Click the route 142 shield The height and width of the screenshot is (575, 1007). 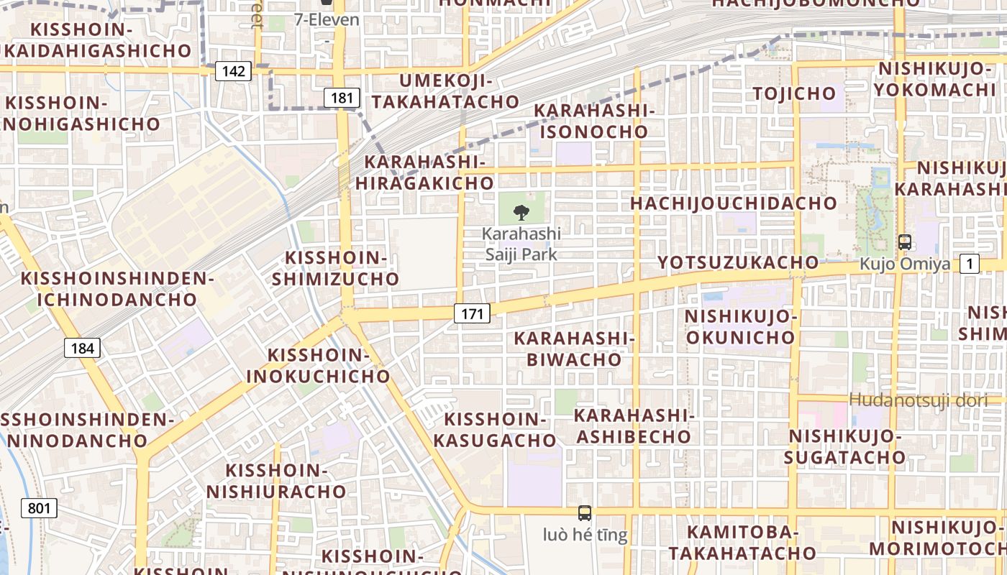point(233,71)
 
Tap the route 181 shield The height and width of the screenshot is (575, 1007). point(341,98)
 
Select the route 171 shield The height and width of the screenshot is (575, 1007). point(472,313)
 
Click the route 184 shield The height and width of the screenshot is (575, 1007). point(82,349)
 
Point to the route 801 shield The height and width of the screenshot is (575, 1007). point(39,508)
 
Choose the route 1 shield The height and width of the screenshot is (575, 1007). point(970,264)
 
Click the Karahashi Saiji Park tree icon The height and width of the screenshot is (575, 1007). point(521,212)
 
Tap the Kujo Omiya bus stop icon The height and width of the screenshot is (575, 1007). point(905,243)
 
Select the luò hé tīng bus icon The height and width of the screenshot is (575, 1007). point(585,513)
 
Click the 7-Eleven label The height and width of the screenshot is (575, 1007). point(327,19)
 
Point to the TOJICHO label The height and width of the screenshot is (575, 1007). point(794,93)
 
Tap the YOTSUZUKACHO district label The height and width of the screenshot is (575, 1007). point(738,262)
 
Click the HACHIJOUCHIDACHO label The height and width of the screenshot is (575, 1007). point(734,203)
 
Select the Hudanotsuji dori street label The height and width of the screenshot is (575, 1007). point(919,400)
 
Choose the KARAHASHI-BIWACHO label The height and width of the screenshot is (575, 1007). point(574,349)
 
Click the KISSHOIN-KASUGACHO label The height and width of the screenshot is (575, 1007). point(501,430)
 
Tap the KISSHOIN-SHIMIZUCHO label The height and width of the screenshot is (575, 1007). point(336,268)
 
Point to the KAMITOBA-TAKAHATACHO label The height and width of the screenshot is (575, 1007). point(742,542)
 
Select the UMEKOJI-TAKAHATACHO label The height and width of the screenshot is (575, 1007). point(445,91)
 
